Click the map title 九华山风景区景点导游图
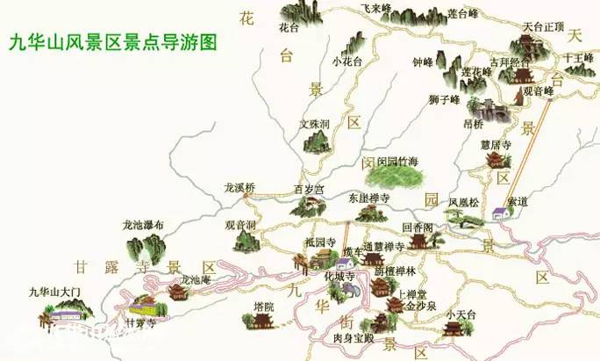[111, 41]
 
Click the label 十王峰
[578, 58]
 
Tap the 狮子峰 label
[445, 98]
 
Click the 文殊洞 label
[313, 124]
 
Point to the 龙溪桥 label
[238, 187]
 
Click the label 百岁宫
[308, 189]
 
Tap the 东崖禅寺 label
[370, 198]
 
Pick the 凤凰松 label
[464, 202]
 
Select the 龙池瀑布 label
[144, 225]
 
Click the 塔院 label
[263, 306]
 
